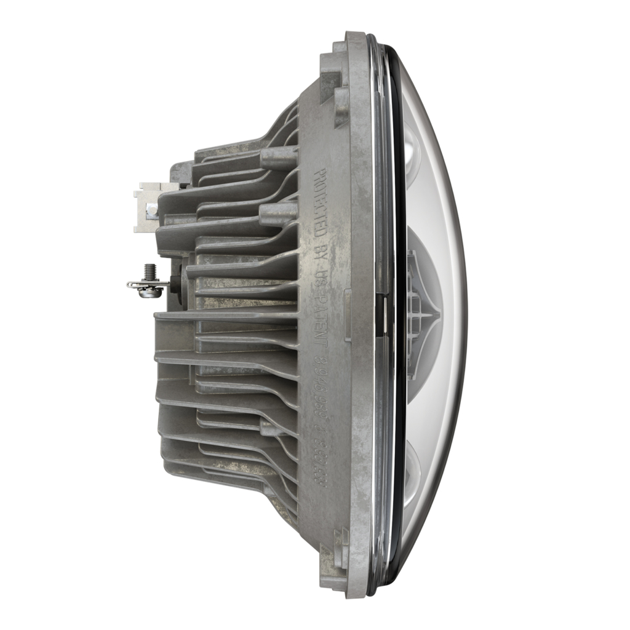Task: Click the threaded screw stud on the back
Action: (148, 271)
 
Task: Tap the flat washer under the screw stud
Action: (148, 284)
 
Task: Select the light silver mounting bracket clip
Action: (148, 206)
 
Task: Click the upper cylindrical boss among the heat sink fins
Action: (279, 157)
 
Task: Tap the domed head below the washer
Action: (150, 293)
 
